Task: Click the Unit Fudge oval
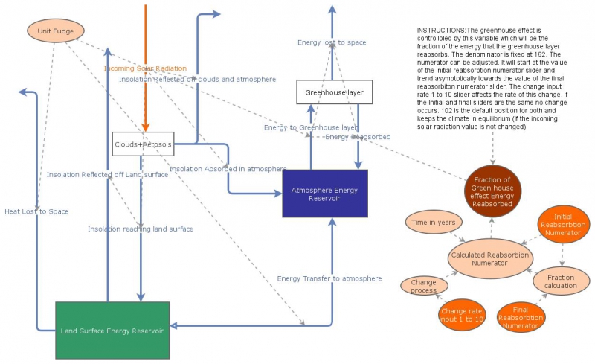pyautogui.click(x=56, y=31)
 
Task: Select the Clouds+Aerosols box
pyautogui.click(x=143, y=144)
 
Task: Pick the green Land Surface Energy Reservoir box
pyautogui.click(x=112, y=330)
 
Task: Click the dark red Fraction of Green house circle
pyautogui.click(x=492, y=189)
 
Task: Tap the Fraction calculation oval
pyautogui.click(x=560, y=280)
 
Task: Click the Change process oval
pyautogui.click(x=424, y=286)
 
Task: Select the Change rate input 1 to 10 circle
pyautogui.click(x=462, y=314)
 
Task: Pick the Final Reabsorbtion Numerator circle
pyautogui.click(x=521, y=316)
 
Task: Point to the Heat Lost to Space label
pyautogui.click(x=36, y=211)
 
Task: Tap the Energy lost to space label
pyautogui.click(x=332, y=42)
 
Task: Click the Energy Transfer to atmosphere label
pyautogui.click(x=329, y=278)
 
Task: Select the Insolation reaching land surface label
pyautogui.click(x=140, y=229)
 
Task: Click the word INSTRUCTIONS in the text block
pyautogui.click(x=441, y=29)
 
